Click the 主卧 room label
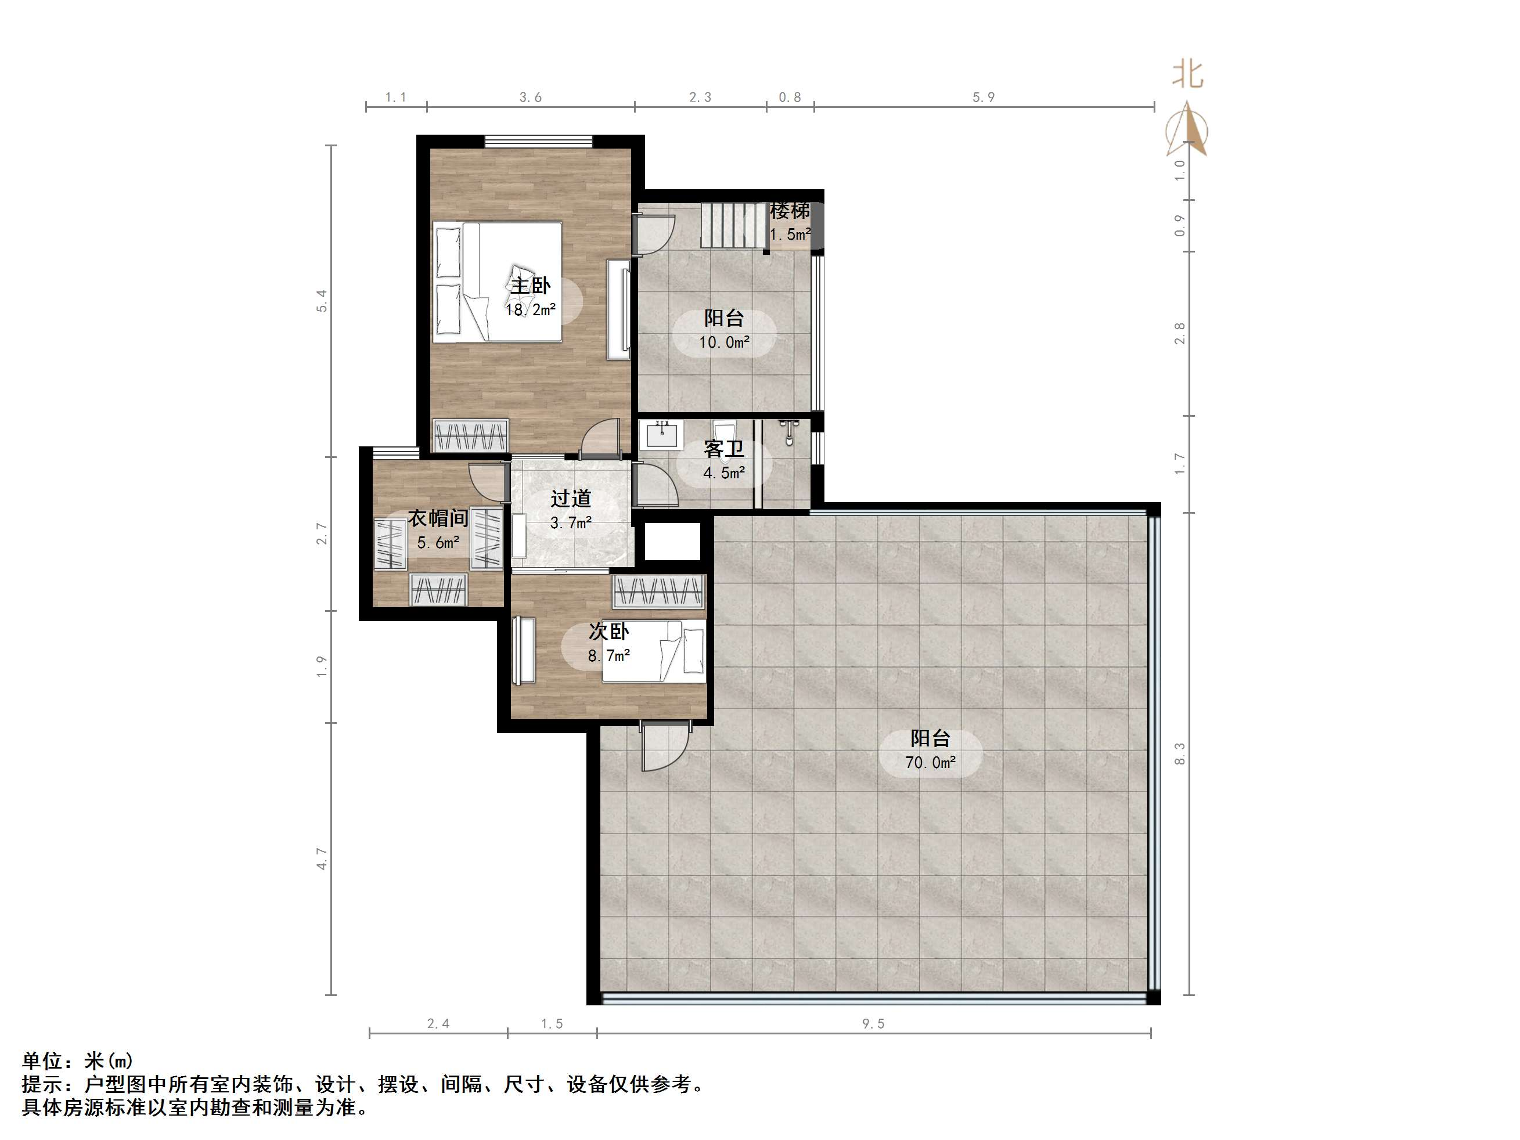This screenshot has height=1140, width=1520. click(x=530, y=285)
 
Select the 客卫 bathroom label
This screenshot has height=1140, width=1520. click(x=723, y=449)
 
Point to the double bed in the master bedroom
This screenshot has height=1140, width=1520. click(x=498, y=281)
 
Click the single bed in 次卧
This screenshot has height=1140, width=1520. click(x=654, y=651)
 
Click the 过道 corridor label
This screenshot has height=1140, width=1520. click(x=570, y=498)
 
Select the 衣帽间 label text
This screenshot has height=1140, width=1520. click(x=438, y=518)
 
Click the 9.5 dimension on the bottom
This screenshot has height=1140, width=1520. click(x=873, y=1024)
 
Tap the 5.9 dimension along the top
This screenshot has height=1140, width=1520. click(x=984, y=98)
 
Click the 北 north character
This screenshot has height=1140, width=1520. click(x=1187, y=74)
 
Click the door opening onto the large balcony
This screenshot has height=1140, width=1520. click(x=663, y=745)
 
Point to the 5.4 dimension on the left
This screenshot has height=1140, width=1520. click(x=322, y=301)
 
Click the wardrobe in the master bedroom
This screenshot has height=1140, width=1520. click(x=470, y=436)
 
